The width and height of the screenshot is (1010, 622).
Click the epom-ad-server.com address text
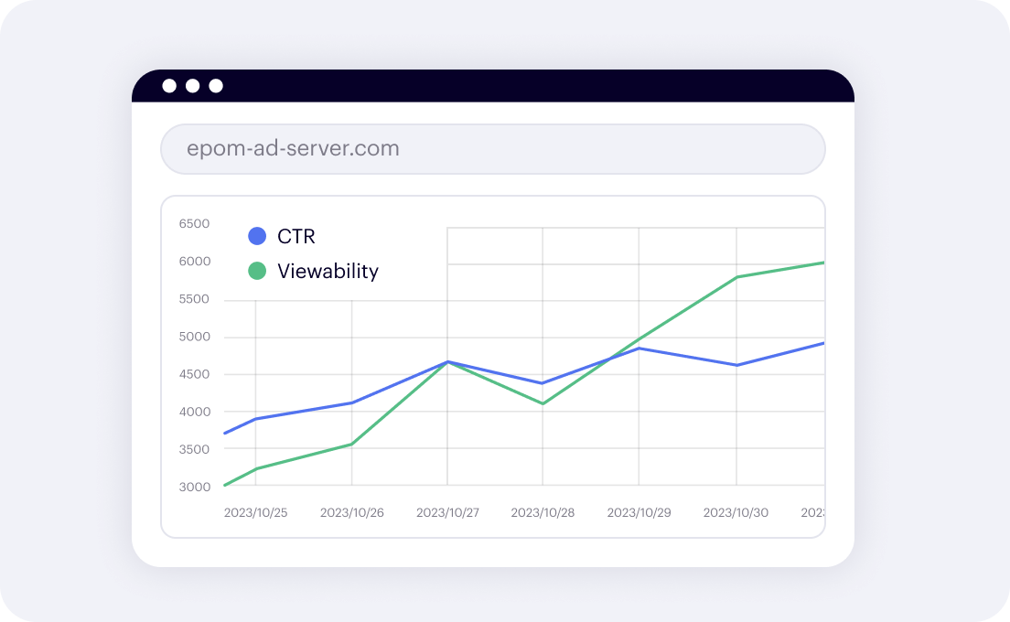tap(293, 149)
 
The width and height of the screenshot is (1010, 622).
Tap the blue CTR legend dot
tap(257, 236)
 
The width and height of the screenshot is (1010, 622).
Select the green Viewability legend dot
tap(257, 271)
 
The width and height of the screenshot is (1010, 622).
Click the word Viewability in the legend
tap(328, 271)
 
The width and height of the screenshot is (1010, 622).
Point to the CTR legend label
tap(296, 236)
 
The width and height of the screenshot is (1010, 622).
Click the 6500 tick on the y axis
tap(194, 224)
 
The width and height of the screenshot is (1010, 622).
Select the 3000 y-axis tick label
tap(194, 487)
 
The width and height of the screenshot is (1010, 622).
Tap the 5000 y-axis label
tap(194, 337)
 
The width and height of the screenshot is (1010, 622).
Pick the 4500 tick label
tap(194, 374)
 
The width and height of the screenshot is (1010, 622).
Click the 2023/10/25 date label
tap(255, 512)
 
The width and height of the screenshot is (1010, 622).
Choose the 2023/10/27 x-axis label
tap(447, 512)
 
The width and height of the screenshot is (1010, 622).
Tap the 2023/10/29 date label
tap(639, 512)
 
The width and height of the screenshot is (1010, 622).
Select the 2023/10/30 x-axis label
tap(736, 512)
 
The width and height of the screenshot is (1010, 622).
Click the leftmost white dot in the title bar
tap(169, 86)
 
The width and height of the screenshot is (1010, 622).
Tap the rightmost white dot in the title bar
tap(216, 86)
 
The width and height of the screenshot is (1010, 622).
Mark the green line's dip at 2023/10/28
tap(543, 403)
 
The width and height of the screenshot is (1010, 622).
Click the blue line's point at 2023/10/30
tap(736, 365)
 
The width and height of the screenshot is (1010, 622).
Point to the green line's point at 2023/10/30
tap(736, 277)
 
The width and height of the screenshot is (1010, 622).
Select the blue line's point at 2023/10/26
tap(352, 402)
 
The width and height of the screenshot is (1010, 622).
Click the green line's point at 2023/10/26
tap(352, 445)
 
